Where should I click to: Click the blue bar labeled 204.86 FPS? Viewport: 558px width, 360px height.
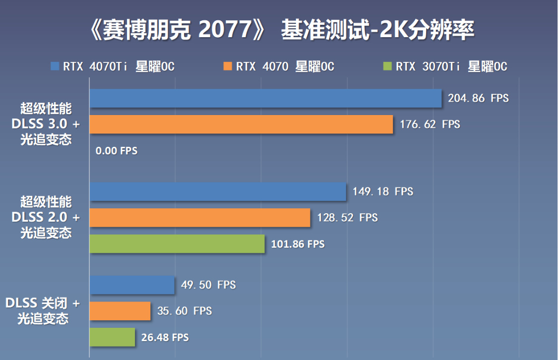265,98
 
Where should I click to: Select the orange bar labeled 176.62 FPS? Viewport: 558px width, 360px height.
241,124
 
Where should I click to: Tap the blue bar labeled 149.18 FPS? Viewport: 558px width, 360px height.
218,191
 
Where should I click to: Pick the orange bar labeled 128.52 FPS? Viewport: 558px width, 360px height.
200,218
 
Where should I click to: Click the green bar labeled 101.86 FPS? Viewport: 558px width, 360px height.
177,244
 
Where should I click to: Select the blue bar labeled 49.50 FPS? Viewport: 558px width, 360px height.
132,285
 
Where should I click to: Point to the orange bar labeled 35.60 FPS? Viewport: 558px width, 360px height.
120,311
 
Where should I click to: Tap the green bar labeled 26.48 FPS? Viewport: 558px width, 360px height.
112,337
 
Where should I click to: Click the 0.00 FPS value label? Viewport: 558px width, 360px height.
117,151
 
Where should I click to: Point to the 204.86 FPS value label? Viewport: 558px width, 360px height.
478,98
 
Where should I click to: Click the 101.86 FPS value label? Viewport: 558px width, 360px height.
298,244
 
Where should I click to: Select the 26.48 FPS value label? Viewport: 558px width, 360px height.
165,338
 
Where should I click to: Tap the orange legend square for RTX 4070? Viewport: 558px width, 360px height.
228,66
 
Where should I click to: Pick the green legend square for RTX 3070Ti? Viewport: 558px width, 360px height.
388,66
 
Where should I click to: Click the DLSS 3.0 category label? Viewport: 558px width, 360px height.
46,124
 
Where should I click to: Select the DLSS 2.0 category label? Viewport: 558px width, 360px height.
46,217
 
